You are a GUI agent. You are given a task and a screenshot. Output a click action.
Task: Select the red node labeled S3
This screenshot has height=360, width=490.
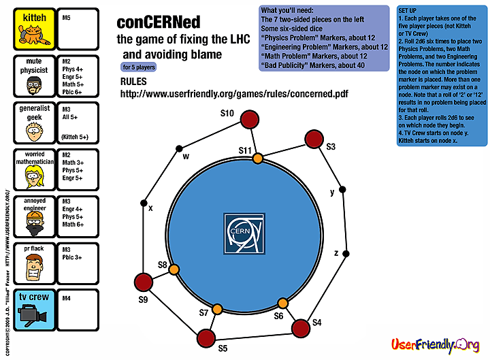(313, 140)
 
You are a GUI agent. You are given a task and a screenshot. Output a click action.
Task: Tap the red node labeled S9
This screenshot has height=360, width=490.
(143, 282)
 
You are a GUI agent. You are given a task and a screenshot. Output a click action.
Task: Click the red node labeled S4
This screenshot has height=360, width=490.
(300, 328)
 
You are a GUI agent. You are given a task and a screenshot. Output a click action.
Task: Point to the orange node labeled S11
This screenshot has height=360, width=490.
(258, 159)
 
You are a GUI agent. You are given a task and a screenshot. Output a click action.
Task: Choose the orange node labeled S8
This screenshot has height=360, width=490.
(174, 269)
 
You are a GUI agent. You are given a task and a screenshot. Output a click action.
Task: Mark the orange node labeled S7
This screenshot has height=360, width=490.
(217, 310)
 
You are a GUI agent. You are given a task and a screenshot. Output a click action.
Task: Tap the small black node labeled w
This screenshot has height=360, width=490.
(179, 148)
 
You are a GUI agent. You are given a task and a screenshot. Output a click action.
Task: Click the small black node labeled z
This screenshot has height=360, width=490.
(346, 254)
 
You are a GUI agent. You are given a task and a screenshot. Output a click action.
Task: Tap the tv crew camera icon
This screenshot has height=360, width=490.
(30, 315)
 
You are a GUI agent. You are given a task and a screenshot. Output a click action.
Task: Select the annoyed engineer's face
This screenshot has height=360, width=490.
(31, 220)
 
